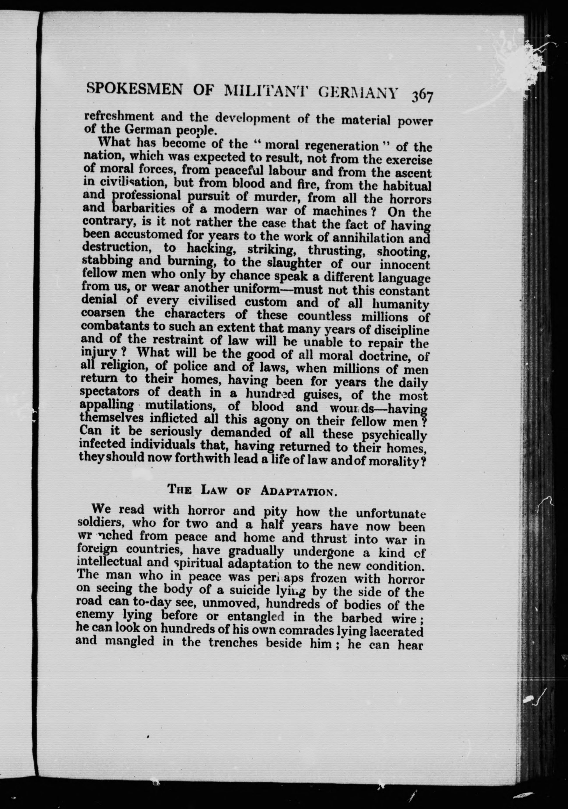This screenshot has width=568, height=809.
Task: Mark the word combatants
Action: tap(115, 326)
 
